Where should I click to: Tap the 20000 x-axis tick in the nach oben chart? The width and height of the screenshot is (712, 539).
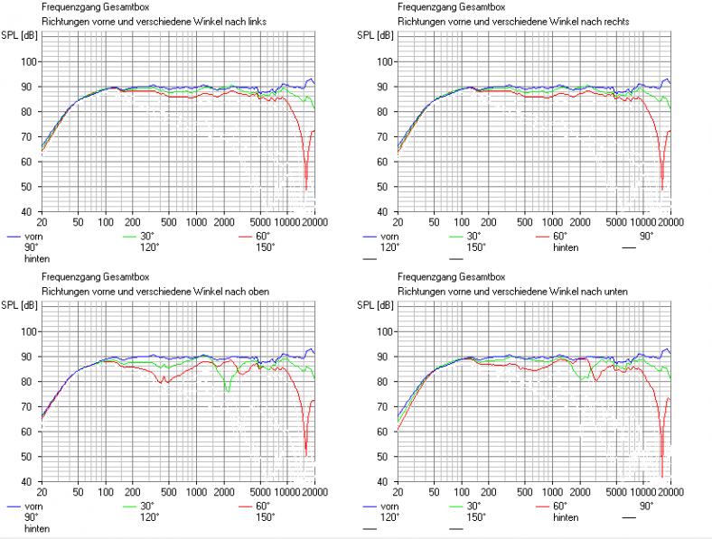click(x=304, y=492)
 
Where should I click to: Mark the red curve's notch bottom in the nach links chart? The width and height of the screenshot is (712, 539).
click(x=306, y=188)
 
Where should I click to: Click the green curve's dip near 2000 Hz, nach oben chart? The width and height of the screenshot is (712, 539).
click(x=228, y=390)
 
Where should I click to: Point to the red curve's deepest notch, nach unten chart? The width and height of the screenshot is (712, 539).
click(x=662, y=475)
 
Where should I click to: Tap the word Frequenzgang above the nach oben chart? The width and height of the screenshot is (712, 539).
click(x=68, y=277)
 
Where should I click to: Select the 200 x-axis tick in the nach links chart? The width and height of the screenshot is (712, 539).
click(x=133, y=222)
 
